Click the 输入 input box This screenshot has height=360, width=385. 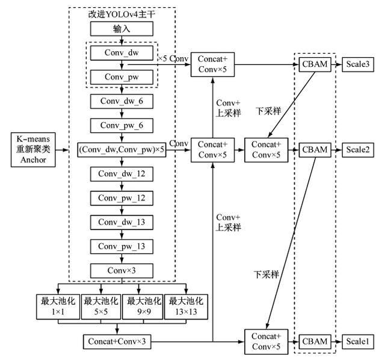tap(122, 28)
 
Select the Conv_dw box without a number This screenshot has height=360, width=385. tap(122, 53)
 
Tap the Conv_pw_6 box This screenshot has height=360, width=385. tap(122, 126)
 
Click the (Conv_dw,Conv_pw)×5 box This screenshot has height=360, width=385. tap(122, 150)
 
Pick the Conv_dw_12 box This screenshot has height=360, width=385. tap(122, 175)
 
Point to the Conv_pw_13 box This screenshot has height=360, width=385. tap(122, 247)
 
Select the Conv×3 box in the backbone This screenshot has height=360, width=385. tap(122, 271)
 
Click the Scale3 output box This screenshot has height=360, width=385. tap(359, 64)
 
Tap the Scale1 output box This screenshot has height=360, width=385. tap(359, 341)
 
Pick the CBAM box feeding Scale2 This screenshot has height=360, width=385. tap(315, 149)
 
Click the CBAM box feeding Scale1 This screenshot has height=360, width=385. tap(315, 341)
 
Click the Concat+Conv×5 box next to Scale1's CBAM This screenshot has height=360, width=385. tap(266, 341)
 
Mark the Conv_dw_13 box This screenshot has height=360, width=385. tap(122, 223)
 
